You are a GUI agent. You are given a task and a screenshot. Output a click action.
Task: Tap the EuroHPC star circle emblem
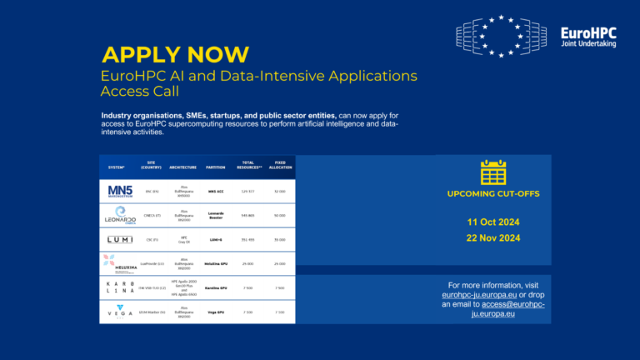click(501, 35)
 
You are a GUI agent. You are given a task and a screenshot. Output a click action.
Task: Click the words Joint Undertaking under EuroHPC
click(588, 44)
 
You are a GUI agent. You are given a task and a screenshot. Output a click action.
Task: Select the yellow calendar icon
click(493, 172)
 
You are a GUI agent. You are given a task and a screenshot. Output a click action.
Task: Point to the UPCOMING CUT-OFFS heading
click(493, 193)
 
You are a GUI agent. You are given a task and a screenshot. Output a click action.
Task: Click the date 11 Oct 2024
click(493, 222)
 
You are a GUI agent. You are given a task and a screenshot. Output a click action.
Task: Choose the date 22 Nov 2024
click(493, 237)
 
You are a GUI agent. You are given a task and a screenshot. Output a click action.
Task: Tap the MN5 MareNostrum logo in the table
click(119, 192)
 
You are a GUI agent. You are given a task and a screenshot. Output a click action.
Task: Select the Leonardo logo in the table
click(119, 215)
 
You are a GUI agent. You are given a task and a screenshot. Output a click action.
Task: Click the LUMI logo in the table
click(119, 239)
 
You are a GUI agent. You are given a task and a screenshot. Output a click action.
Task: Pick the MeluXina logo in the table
click(119, 262)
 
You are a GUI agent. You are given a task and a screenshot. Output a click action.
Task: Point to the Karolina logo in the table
click(119, 287)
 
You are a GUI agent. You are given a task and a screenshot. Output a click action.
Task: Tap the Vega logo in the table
click(119, 311)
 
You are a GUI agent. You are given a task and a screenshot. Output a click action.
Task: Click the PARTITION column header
click(216, 167)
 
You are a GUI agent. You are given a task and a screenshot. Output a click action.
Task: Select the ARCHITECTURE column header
click(182, 167)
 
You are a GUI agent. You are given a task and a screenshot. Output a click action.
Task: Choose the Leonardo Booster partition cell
click(216, 215)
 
